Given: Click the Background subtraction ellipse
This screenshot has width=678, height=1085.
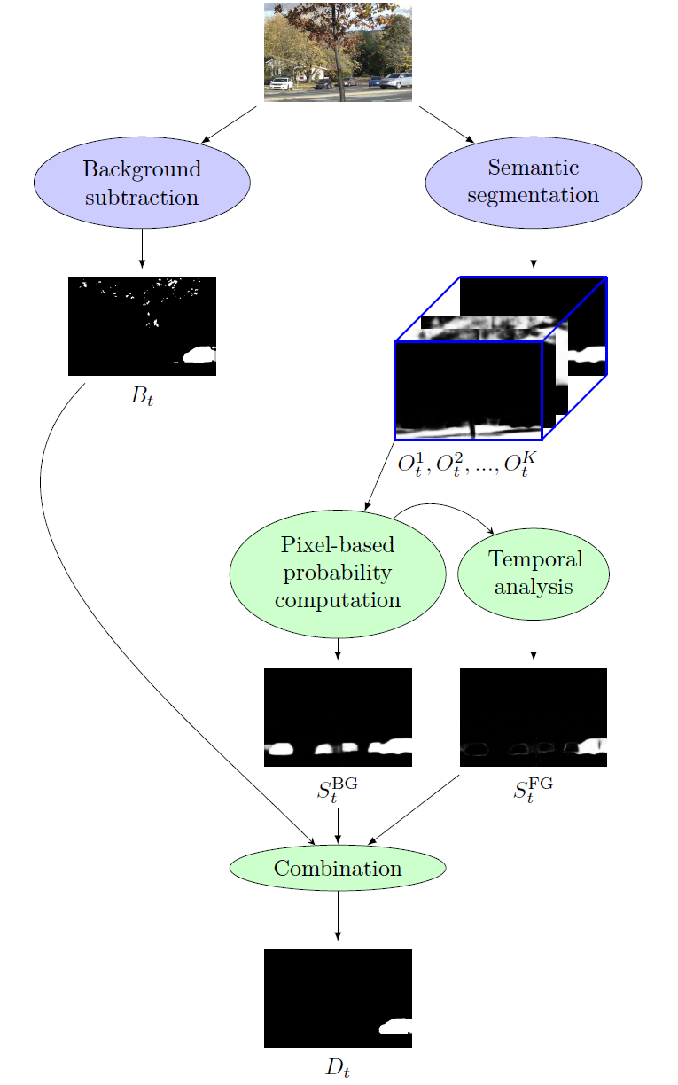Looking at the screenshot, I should tap(142, 183).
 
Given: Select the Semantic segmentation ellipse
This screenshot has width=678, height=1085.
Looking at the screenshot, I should tap(533, 181).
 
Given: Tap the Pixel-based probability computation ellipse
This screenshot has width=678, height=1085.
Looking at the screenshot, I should tap(338, 574).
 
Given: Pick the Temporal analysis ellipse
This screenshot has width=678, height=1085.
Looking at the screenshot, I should tap(533, 573).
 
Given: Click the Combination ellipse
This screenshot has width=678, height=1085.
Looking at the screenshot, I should tap(338, 868).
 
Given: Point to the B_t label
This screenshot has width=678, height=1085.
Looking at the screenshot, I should tap(142, 396).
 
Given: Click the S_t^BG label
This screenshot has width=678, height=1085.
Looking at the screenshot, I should tap(338, 789).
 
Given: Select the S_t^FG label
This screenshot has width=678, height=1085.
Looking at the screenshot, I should tap(533, 789).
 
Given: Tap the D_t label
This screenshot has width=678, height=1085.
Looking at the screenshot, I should tap(338, 1067).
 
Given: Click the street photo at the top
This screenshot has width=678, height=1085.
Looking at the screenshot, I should tap(338, 52).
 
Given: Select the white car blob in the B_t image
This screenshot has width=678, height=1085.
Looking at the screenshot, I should tap(199, 355).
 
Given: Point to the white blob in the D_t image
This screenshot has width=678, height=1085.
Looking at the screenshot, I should tap(396, 1027).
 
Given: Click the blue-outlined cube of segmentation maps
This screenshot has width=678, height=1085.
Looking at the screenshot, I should tap(500, 358).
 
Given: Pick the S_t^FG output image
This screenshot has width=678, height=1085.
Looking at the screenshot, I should tap(533, 717).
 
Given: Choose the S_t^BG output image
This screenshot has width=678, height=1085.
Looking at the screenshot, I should tap(338, 717).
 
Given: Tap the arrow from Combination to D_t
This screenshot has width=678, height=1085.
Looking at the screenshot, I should tap(338, 913).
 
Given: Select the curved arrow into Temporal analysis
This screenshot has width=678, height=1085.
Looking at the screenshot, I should tap(443, 509).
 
